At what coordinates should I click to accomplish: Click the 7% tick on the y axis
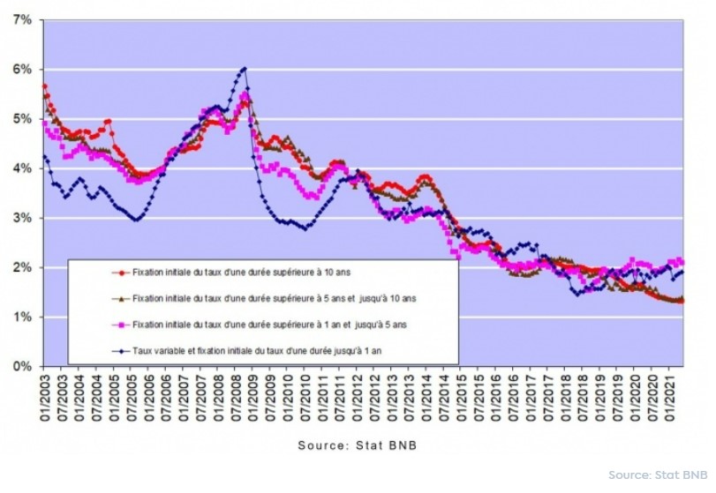[x=20, y=19]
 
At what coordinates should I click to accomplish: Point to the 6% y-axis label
[x=20, y=69]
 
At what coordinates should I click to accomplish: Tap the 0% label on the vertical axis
[x=20, y=365]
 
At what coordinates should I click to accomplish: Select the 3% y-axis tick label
[x=20, y=217]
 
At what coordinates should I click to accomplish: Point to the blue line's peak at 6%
[x=245, y=69]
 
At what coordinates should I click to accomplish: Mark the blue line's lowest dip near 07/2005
[x=136, y=219]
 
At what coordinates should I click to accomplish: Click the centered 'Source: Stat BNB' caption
[x=358, y=444]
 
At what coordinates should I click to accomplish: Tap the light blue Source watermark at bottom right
[x=659, y=475]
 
